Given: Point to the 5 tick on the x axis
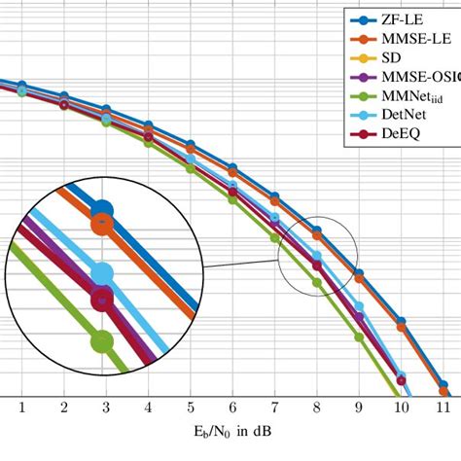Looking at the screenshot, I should coord(191,406).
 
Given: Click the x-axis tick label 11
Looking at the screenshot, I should coord(443,406).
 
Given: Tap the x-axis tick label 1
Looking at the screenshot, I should coord(21,406).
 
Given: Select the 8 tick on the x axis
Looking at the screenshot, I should coord(317,406).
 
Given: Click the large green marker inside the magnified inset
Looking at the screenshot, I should coord(101,341).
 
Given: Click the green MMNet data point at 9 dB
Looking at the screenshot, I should coord(359,337).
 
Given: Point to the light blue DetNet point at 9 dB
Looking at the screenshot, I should coord(359,307).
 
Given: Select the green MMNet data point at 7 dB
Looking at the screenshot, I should coord(275,236).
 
